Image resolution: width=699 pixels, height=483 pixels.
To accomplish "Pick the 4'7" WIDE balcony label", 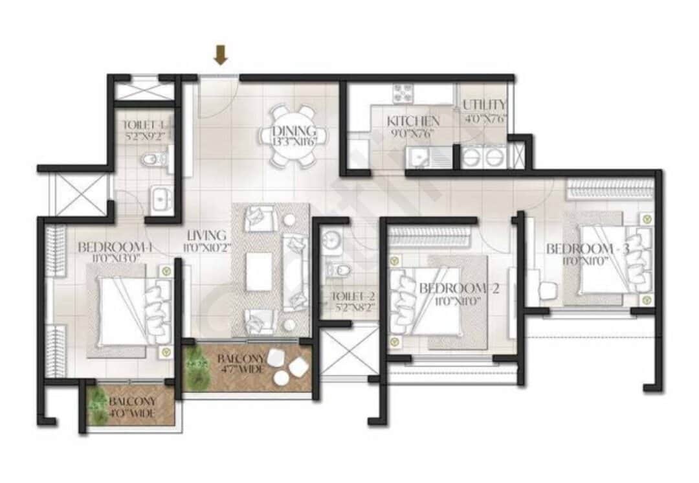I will click(240, 364).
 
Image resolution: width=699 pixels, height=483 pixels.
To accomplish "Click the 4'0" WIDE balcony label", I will click(131, 407).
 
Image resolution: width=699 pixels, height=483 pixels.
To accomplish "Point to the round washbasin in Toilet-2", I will click(333, 239).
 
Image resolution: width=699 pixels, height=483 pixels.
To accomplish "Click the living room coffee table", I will click(258, 272).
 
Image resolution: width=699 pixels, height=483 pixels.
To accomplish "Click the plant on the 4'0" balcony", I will click(98, 406).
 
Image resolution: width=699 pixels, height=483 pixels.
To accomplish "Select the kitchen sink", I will click(417, 156).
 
